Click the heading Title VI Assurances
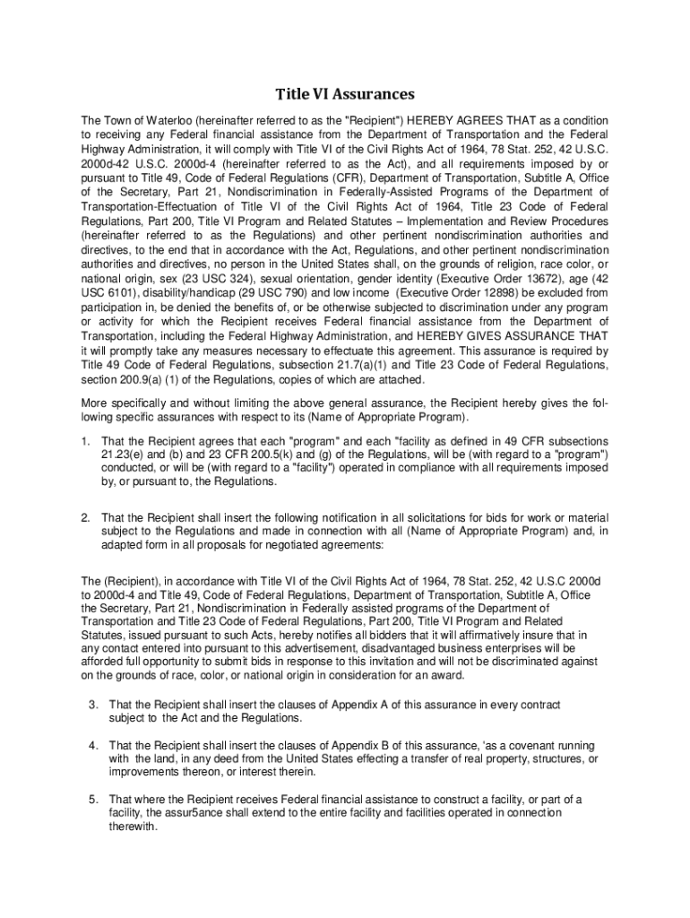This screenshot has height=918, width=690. tap(344, 94)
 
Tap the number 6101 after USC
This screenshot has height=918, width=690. tap(125, 292)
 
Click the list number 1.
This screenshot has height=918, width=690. tap(84, 441)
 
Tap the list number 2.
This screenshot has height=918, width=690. tap(84, 518)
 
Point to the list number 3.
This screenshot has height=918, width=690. tap(92, 705)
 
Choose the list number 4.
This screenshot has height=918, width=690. tap(92, 746)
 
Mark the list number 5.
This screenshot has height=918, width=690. tap(92, 799)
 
